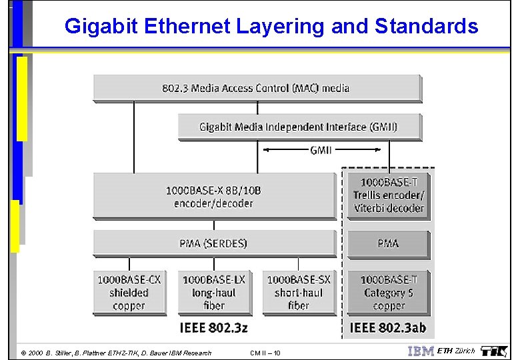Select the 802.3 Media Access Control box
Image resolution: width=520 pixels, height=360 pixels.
point(257,88)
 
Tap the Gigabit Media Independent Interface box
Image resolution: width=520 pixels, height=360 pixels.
point(299,126)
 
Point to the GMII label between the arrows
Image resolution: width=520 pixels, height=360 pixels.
point(321,151)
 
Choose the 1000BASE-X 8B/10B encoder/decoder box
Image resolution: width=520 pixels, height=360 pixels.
point(214,196)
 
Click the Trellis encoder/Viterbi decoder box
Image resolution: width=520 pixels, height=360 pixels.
point(388,195)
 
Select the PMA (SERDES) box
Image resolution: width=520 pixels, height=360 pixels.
point(214,243)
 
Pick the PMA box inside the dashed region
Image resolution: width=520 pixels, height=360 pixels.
point(388,244)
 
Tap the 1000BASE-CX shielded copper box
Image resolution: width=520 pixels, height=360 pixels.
point(129,292)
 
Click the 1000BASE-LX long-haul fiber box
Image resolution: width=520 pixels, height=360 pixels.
point(213,292)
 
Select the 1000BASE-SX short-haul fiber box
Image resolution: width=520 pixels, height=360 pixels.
point(298,292)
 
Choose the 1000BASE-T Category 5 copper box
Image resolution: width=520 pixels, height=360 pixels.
point(388,292)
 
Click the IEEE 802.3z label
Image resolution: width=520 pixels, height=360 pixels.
point(213,327)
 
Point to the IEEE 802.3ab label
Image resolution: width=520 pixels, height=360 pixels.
point(388,327)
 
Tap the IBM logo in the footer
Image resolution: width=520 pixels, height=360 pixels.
point(420,351)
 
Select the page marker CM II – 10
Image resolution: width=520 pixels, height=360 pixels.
point(265,353)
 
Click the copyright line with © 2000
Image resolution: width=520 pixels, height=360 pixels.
point(116,353)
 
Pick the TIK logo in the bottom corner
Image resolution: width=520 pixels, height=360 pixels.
point(494,351)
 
